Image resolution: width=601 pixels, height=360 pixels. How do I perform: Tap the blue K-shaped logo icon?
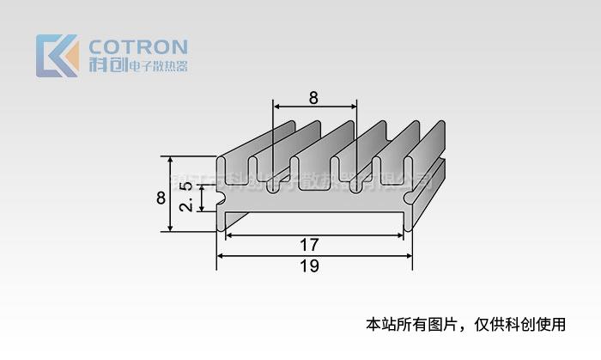(x=57, y=56)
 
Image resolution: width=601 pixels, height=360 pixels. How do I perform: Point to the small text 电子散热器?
(x=157, y=66)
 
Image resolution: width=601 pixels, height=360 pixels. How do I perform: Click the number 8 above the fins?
(x=313, y=97)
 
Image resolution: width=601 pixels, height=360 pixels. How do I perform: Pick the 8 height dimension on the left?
(x=161, y=198)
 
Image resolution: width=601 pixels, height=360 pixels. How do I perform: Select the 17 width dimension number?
(x=310, y=245)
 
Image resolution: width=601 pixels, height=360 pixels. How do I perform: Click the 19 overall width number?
(x=310, y=266)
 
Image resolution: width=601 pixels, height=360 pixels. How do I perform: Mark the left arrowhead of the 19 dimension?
(x=220, y=256)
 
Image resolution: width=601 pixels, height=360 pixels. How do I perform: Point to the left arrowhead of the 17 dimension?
(x=229, y=235)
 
